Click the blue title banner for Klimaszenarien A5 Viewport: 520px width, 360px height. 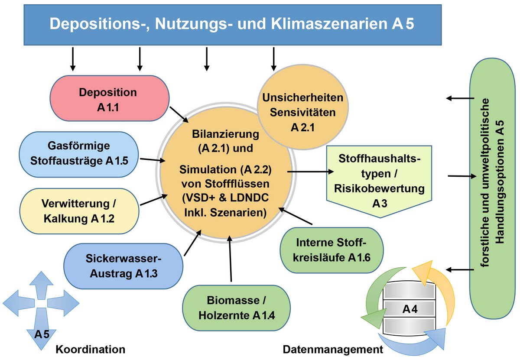click(x=232, y=24)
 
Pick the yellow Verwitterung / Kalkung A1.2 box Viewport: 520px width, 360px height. click(x=79, y=211)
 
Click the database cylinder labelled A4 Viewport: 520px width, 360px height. click(x=409, y=310)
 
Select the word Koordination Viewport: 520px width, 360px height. click(x=91, y=349)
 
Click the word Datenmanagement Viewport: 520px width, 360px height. click(x=333, y=349)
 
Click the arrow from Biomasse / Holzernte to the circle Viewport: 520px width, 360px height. click(x=230, y=260)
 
